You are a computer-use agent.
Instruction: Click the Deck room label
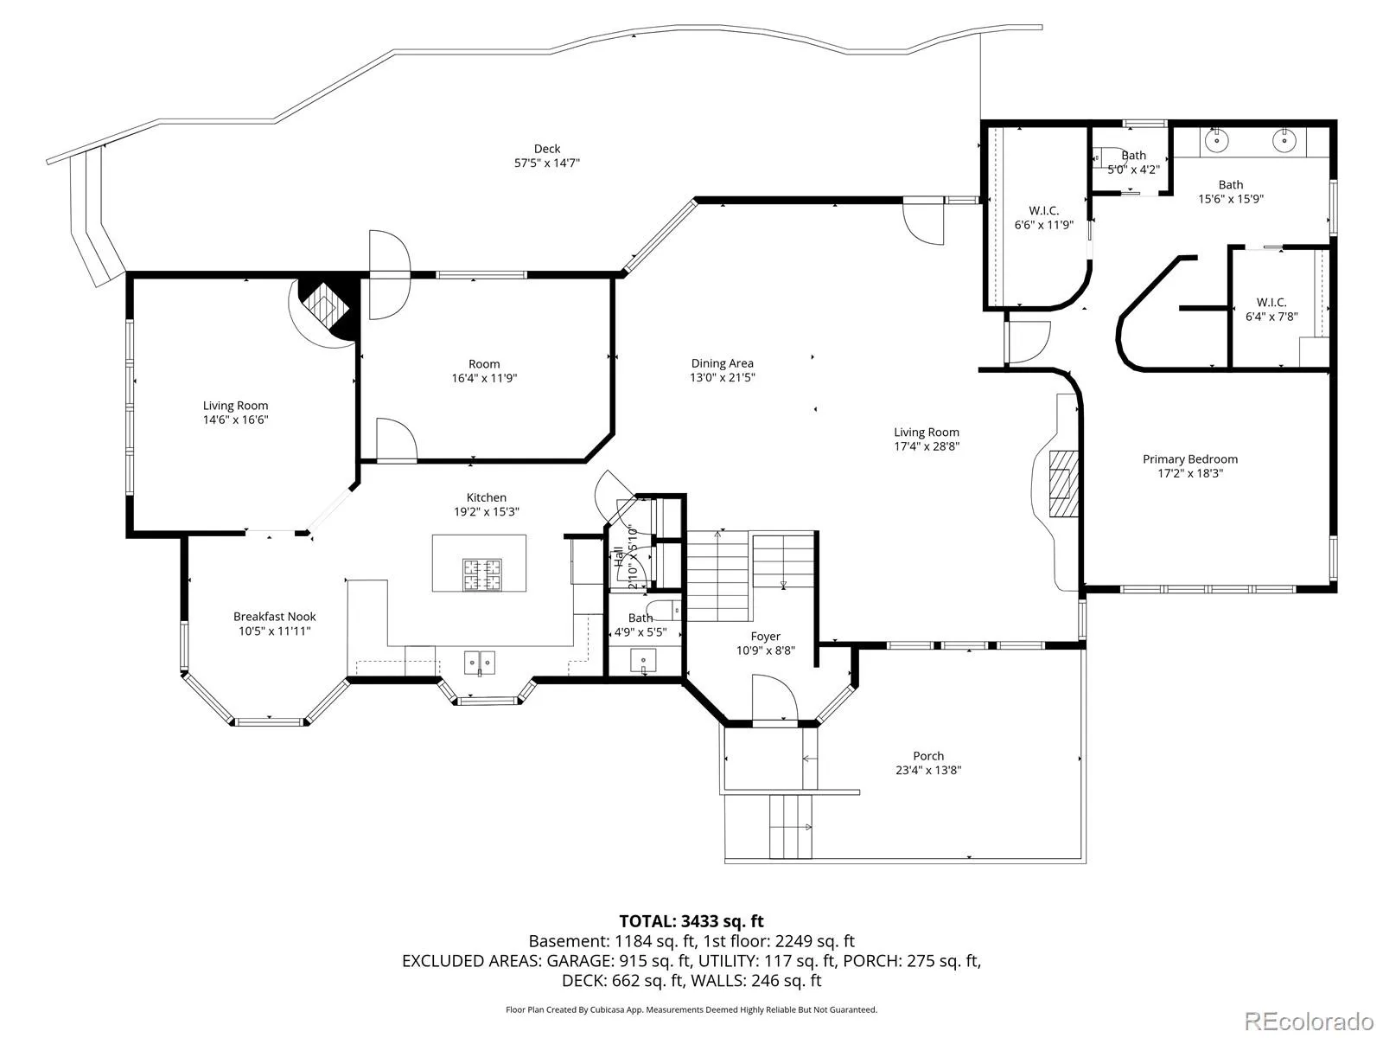pyautogui.click(x=547, y=149)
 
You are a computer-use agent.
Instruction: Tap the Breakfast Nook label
pyautogui.click(x=275, y=617)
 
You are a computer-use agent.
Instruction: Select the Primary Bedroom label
pyautogui.click(x=1190, y=458)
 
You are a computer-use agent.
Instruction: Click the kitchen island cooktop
pyautogui.click(x=482, y=574)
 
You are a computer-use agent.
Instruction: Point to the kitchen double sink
pyautogui.click(x=480, y=663)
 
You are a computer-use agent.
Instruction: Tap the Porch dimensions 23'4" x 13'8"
pyautogui.click(x=928, y=770)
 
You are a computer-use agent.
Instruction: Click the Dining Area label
pyautogui.click(x=722, y=363)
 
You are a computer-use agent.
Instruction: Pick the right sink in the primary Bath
pyautogui.click(x=1284, y=140)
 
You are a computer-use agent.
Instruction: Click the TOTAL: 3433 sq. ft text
pyautogui.click(x=691, y=920)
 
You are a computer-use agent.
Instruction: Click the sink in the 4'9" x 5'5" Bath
pyautogui.click(x=643, y=661)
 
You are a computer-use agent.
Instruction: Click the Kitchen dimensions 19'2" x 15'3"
pyautogui.click(x=487, y=511)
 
